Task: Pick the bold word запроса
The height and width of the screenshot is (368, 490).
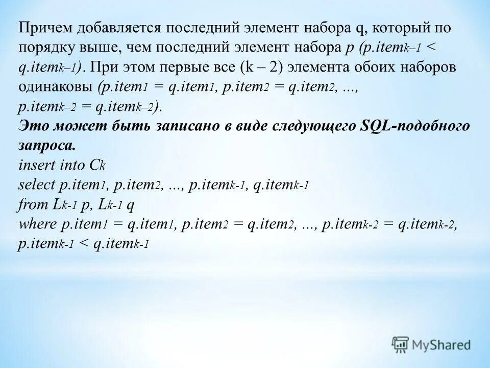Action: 46,145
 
